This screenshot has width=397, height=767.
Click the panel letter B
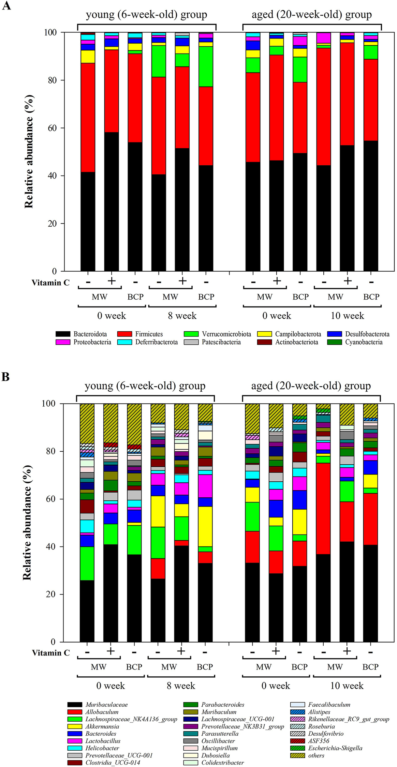point(5,377)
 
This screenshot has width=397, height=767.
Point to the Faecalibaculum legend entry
point(329,705)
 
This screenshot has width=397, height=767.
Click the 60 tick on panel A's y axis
point(50,128)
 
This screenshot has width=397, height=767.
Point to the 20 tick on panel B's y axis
point(48,594)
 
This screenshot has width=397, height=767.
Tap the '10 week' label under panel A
point(347,316)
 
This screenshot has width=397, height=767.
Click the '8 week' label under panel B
point(181,686)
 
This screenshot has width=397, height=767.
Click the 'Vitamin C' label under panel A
point(50,283)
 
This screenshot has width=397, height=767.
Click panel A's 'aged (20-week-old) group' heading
point(311,15)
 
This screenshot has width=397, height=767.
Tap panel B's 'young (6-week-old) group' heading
point(145,386)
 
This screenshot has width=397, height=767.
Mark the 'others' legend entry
point(316,755)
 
